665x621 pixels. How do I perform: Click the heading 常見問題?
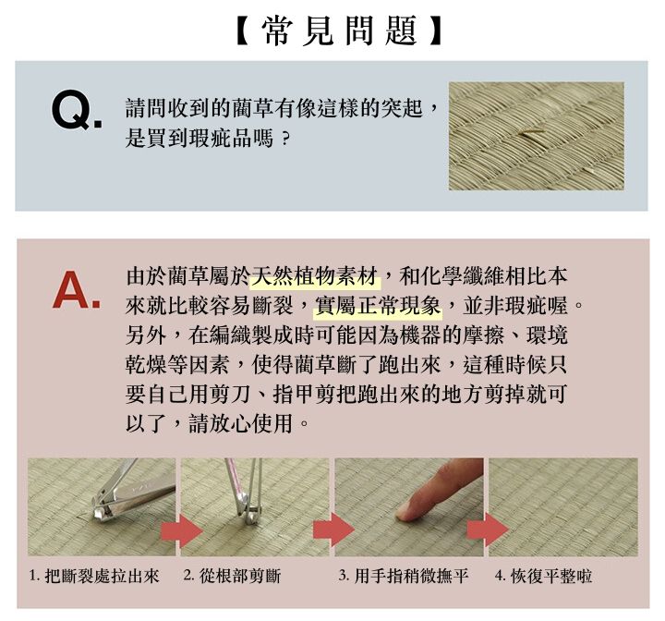click(332, 31)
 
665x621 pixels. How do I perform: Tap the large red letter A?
click(76, 290)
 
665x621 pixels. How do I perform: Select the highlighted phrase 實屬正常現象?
click(379, 303)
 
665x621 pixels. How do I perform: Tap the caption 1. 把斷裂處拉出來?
click(94, 577)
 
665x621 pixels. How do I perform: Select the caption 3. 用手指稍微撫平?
click(404, 577)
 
